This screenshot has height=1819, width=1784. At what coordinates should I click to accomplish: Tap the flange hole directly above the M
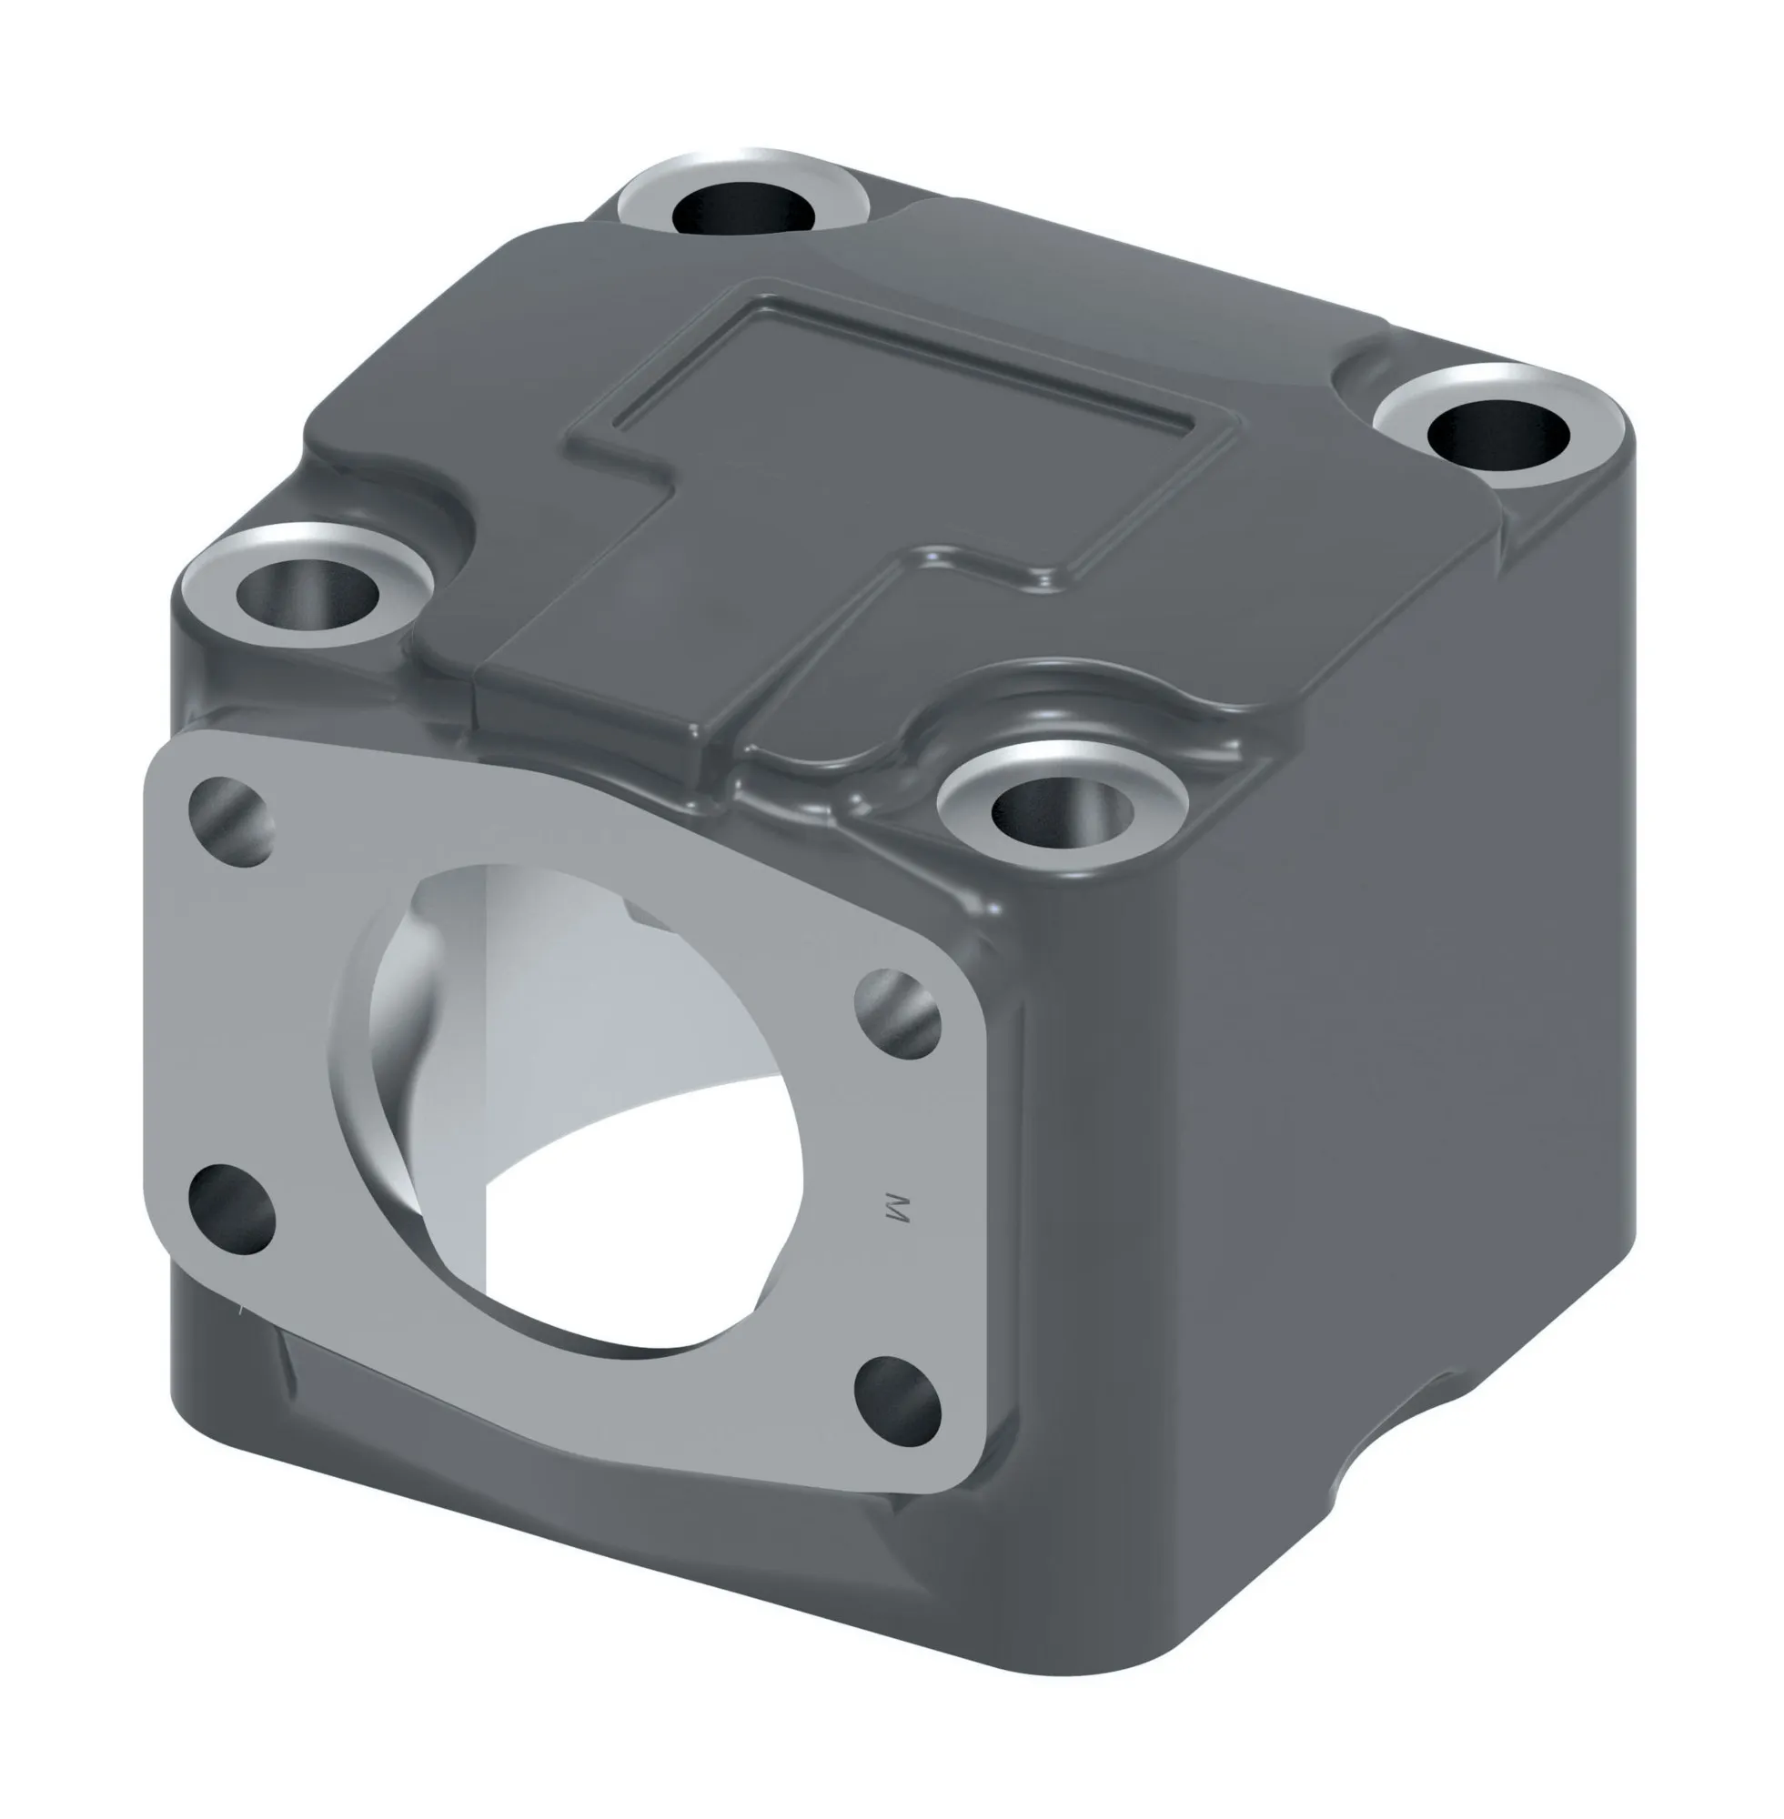tap(899, 1013)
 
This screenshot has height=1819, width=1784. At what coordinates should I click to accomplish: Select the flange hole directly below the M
tap(899, 1402)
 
